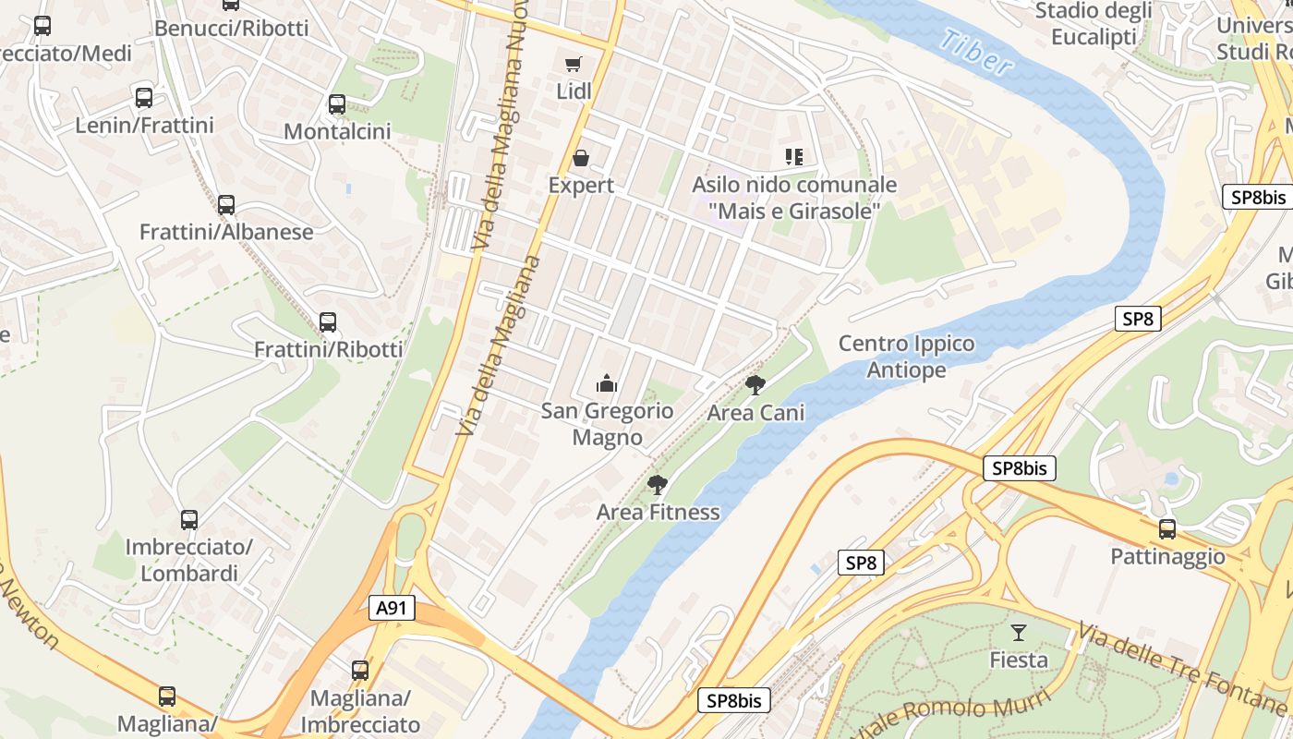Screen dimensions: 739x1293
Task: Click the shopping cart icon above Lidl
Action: click(574, 64)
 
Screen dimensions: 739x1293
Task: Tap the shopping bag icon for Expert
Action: click(581, 158)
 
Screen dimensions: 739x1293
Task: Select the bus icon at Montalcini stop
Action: click(337, 104)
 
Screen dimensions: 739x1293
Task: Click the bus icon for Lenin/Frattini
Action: click(144, 98)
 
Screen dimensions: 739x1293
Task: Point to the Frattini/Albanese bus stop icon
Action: click(226, 205)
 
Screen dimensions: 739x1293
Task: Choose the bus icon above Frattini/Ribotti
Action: click(328, 322)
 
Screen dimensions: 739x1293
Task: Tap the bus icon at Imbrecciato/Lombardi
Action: click(189, 520)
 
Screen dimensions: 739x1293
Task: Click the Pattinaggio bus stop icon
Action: click(1167, 529)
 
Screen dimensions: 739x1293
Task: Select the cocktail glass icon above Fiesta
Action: click(1019, 633)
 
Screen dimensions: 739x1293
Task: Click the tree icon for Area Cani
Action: click(755, 385)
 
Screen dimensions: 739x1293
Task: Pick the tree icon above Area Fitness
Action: click(658, 485)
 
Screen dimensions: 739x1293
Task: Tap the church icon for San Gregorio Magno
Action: click(607, 382)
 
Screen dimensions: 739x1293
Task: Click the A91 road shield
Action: click(393, 608)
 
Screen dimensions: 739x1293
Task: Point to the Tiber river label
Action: click(978, 53)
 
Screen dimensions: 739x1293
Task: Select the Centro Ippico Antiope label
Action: click(906, 357)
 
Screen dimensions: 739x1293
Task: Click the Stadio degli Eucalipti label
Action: click(1094, 23)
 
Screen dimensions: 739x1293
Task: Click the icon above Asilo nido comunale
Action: click(794, 157)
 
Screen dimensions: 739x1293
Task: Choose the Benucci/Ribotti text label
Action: click(232, 28)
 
